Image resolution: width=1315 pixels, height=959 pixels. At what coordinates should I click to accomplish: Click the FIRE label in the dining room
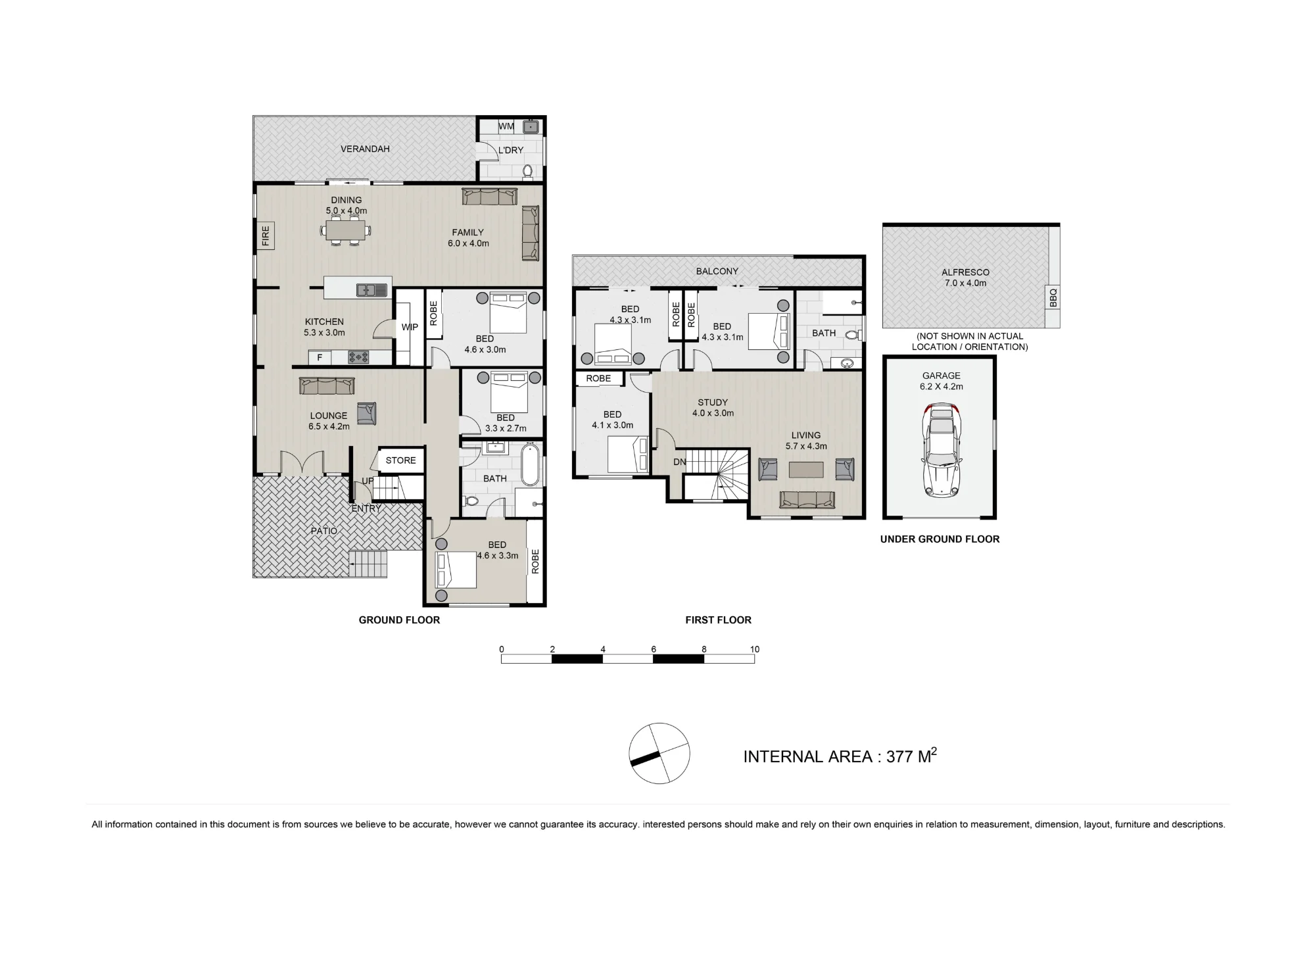266,235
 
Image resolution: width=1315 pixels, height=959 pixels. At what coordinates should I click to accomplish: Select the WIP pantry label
410,327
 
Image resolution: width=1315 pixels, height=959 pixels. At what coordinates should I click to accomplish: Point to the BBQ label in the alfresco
1053,297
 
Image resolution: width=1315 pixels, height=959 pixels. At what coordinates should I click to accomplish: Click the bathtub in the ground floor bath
530,464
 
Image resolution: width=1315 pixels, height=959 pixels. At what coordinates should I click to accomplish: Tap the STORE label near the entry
400,460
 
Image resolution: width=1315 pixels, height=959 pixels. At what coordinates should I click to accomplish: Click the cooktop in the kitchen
358,357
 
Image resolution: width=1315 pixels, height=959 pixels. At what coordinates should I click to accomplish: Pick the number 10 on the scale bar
754,649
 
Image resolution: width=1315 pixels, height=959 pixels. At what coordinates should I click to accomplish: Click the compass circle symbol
659,753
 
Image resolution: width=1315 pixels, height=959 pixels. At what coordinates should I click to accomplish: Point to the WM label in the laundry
506,126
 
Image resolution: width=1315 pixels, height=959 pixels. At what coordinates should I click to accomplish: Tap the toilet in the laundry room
527,172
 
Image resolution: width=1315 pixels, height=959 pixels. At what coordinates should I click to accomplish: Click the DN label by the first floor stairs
680,462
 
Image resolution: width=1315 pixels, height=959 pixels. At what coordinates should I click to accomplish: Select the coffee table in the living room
806,469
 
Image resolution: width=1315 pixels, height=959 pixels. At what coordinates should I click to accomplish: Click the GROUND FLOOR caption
399,620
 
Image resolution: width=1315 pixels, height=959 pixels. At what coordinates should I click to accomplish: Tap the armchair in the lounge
367,413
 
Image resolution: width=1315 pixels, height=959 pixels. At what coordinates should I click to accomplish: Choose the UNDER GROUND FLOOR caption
940,539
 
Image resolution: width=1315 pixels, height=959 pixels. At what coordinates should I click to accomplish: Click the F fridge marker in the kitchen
320,358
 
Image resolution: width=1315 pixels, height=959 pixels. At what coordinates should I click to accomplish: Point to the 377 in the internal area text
899,757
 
